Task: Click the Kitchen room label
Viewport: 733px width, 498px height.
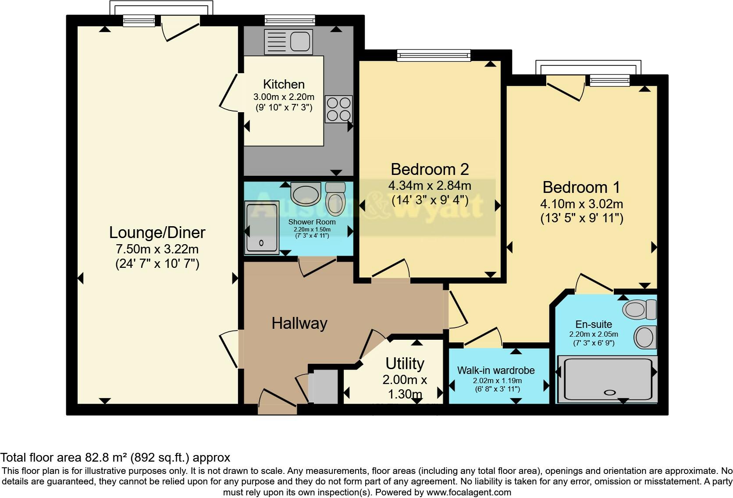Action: coord(284,84)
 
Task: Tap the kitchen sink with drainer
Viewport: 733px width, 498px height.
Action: coord(288,42)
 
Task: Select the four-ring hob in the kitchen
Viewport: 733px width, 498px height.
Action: coord(338,109)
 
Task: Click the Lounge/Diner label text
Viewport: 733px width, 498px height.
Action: coord(157,232)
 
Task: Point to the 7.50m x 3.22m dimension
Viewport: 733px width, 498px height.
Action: coord(157,249)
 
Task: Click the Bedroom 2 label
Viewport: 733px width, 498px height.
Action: coord(430,169)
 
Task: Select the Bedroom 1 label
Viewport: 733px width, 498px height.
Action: coord(581,187)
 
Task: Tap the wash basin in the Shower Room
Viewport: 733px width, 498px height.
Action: coord(306,194)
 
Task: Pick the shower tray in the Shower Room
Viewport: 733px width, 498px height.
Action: coord(262,228)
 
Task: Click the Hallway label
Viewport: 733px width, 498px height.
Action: coord(299,324)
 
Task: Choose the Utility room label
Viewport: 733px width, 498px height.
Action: coord(405,363)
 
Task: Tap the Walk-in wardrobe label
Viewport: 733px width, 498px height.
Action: coord(496,370)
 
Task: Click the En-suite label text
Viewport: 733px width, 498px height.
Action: coord(594,324)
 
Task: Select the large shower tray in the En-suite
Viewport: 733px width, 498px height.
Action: coord(607,379)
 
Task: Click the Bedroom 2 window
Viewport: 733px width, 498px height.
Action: coord(434,55)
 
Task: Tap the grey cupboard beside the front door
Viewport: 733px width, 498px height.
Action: coord(323,386)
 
